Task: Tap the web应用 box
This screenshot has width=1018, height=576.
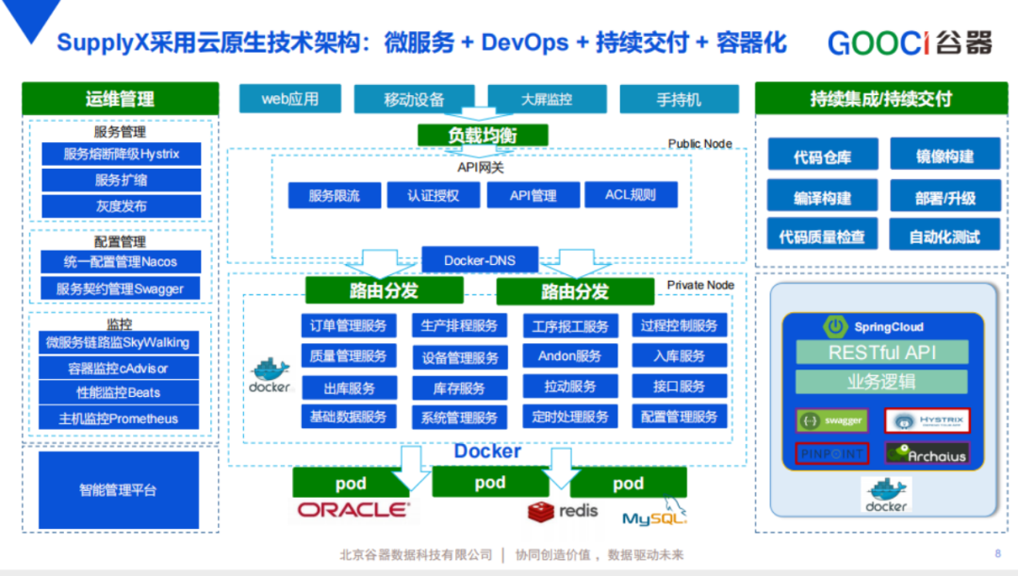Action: click(x=289, y=98)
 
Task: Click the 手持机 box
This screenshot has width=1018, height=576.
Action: click(x=679, y=99)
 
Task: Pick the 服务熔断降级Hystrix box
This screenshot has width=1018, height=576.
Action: click(x=122, y=154)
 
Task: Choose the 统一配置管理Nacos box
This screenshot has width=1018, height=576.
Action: click(x=122, y=262)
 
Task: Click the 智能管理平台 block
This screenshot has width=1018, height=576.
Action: click(x=119, y=490)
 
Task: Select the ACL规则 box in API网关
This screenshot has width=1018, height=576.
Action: click(x=631, y=195)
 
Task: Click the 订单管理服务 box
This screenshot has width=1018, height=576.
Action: click(x=348, y=326)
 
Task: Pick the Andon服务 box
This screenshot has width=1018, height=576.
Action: click(x=569, y=356)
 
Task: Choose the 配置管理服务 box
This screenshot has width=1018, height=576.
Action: click(x=679, y=417)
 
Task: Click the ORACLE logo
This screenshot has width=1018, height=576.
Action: click(x=353, y=510)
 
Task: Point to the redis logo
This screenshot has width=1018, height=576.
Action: click(x=563, y=511)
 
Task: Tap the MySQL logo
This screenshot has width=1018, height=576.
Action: click(x=654, y=516)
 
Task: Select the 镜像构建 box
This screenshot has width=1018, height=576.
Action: click(x=944, y=156)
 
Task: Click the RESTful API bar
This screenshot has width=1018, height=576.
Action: click(x=882, y=353)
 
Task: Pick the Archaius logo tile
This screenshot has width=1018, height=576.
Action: click(x=927, y=453)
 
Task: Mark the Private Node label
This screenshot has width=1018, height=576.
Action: click(x=700, y=285)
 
